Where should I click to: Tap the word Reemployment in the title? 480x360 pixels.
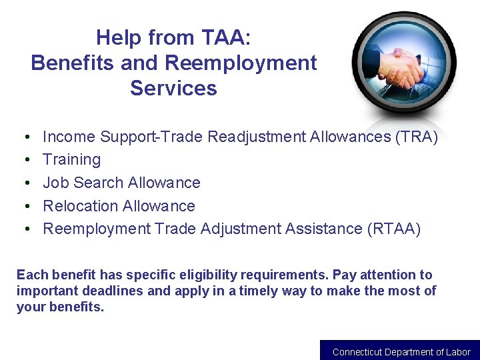click(x=241, y=63)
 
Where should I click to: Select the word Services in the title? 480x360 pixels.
click(x=173, y=88)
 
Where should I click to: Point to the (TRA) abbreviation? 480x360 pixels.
click(x=417, y=137)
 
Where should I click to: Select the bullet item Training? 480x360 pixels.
click(x=71, y=160)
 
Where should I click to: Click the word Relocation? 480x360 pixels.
click(x=76, y=206)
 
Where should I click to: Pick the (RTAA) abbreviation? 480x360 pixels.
click(x=394, y=229)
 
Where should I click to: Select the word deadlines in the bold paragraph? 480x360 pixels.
click(x=112, y=291)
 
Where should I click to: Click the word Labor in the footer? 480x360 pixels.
click(x=459, y=352)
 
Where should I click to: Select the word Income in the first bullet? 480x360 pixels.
click(x=69, y=137)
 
